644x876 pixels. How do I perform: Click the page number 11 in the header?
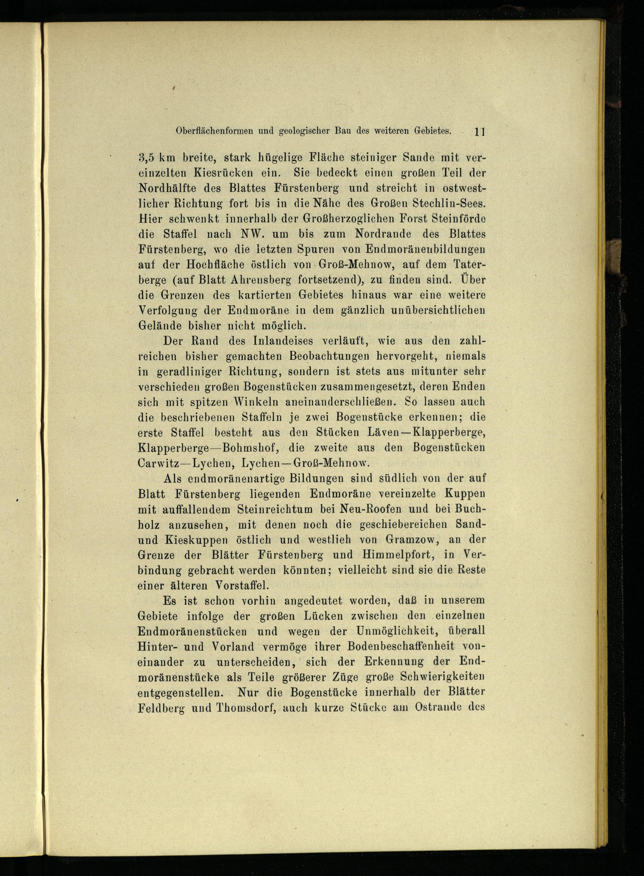click(x=479, y=132)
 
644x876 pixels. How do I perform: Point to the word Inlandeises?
click(x=283, y=341)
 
